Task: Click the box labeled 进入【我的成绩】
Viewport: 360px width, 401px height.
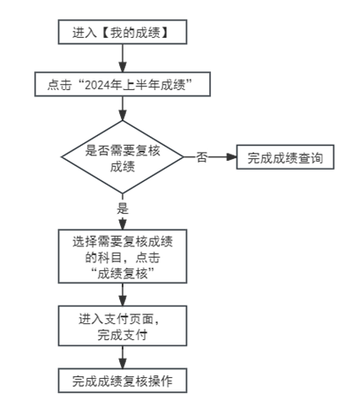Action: click(123, 32)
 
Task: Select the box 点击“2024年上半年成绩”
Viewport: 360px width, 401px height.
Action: click(123, 84)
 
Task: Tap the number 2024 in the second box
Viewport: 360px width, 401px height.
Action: click(97, 85)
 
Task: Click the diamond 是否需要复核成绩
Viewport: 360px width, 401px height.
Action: click(123, 157)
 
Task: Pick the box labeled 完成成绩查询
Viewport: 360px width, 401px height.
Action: click(285, 157)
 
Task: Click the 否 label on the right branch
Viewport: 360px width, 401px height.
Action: click(201, 157)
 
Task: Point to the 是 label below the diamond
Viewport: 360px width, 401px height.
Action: click(123, 208)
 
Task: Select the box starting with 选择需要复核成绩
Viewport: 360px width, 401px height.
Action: click(123, 256)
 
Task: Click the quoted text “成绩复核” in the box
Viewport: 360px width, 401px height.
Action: click(123, 274)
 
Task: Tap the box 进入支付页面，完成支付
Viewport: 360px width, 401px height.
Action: click(123, 326)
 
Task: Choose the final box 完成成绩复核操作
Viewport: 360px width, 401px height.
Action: click(123, 381)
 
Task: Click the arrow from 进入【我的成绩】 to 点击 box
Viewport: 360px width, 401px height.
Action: click(123, 58)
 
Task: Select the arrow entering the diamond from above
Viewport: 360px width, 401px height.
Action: click(123, 109)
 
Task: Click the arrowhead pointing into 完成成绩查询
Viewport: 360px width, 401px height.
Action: click(231, 157)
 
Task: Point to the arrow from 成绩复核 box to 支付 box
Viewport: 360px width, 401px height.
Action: click(123, 295)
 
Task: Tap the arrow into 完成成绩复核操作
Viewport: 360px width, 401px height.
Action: click(123, 357)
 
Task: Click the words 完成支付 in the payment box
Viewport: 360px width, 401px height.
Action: click(123, 335)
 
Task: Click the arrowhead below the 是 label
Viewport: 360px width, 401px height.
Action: click(123, 224)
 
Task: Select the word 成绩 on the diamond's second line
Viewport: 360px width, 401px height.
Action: click(123, 166)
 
